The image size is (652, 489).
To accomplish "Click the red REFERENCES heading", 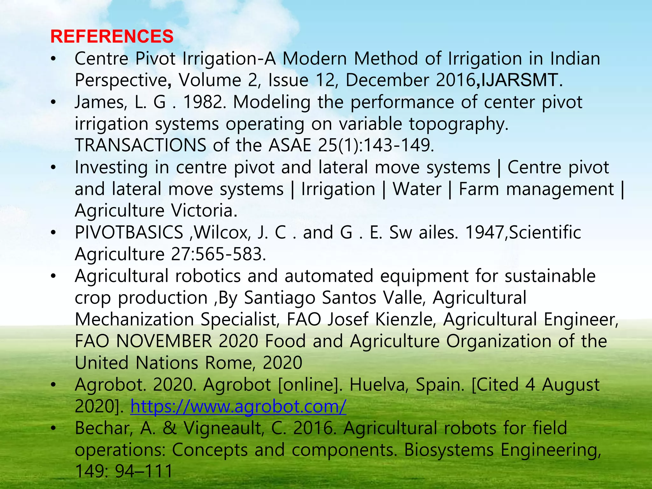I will point(112,36).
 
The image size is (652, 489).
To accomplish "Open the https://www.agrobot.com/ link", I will point(238,406).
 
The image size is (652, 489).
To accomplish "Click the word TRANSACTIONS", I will point(140,145).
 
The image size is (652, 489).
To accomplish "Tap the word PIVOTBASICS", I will point(129,232).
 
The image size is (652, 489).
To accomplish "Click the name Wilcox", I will point(221,232).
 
